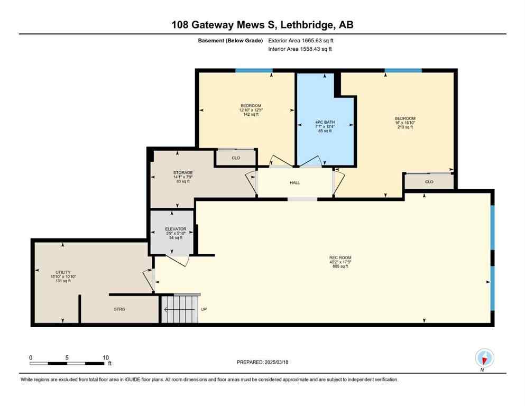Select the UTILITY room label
tap(63, 272)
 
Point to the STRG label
tap(119, 309)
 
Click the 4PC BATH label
tap(325, 123)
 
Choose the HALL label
tap(294, 183)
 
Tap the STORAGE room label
tap(182, 173)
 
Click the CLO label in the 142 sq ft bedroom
tap(236, 158)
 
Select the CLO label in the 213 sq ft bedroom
tap(429, 182)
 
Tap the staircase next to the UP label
tap(180, 309)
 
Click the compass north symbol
tap(484, 358)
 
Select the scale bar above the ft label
tap(67, 363)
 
